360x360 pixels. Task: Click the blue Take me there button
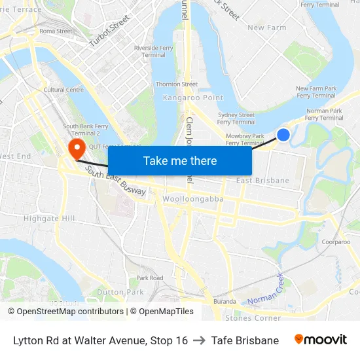[180, 160]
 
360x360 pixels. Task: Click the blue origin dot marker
[283, 134]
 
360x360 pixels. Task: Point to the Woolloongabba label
[193, 198]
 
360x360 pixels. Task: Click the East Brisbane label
[262, 180]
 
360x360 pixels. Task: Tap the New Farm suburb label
[267, 27]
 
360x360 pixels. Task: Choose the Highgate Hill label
[50, 218]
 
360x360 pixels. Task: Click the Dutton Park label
[120, 292]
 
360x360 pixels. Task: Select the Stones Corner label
[253, 318]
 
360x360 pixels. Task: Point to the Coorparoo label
[336, 242]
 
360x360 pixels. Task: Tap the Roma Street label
[56, 31]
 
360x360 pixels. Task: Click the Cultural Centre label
[63, 90]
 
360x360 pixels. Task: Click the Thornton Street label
[176, 84]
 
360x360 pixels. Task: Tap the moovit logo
[321, 340]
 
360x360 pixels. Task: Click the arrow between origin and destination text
[200, 340]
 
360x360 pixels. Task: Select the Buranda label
[225, 302]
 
